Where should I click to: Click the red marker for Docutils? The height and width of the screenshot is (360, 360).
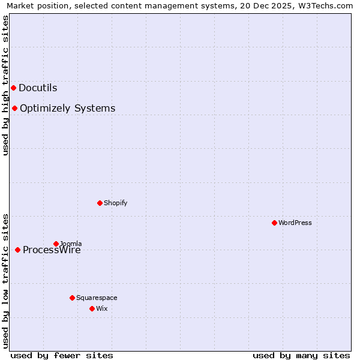(x=13, y=88)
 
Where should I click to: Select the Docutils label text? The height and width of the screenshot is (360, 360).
(x=38, y=88)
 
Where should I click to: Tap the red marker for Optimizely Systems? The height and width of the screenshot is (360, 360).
(x=14, y=109)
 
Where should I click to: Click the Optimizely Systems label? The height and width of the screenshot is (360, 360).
(x=67, y=109)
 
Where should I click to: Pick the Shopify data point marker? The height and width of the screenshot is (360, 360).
(x=100, y=203)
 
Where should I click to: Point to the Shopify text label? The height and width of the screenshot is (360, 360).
(x=115, y=203)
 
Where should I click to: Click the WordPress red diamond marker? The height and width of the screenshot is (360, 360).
(x=274, y=223)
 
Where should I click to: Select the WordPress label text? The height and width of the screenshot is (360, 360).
(x=295, y=223)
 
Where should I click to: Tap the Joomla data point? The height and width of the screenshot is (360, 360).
(x=56, y=244)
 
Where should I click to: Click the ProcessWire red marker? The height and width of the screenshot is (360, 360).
(x=17, y=250)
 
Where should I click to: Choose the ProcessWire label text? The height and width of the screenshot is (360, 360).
(x=52, y=250)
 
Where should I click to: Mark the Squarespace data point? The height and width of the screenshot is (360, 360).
(x=72, y=298)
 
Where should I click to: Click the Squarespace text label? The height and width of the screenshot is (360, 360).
(x=97, y=298)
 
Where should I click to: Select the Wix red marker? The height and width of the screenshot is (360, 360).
(x=92, y=308)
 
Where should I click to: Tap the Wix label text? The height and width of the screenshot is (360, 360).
(x=101, y=308)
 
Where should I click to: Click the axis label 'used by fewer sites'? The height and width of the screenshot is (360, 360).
(x=62, y=355)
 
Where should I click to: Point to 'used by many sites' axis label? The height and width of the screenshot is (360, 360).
(x=301, y=355)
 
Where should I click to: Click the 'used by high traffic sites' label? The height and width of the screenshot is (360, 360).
(x=5, y=85)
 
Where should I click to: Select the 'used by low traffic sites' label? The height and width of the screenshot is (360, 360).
(x=5, y=280)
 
